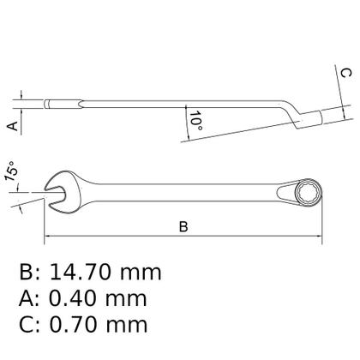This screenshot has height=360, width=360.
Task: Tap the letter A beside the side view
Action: [11, 125]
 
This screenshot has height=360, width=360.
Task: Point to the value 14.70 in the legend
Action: [82, 273]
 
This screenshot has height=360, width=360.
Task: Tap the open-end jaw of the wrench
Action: [52, 193]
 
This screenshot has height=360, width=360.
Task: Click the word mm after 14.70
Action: [141, 273]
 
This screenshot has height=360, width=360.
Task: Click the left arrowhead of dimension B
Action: [46, 237]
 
